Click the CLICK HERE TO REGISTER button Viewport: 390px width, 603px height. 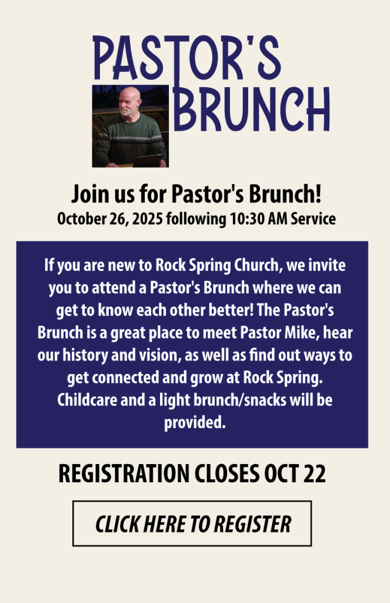192,524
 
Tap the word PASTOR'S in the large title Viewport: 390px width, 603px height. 186,58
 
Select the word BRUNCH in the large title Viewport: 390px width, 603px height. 252,108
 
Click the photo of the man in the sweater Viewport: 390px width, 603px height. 130,126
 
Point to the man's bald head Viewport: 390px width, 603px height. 130,96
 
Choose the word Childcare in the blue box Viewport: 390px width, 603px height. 87,400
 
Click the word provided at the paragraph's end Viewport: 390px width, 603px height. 195,423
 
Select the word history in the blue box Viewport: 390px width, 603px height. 85,355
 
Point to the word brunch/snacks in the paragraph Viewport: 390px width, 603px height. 240,400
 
